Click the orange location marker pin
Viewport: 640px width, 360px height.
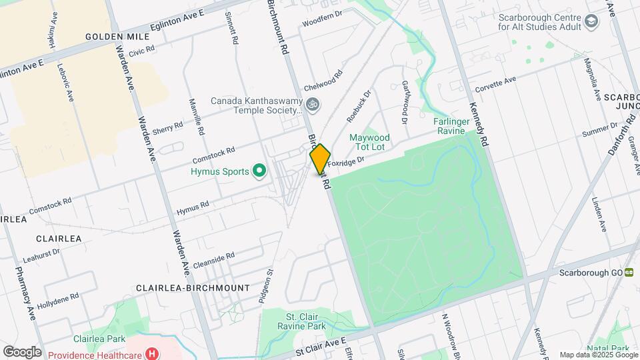tap(320, 159)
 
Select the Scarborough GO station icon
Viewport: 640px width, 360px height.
tap(629, 273)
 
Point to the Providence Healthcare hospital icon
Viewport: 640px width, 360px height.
tap(152, 353)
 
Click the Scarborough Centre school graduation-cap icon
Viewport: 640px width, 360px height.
tap(591, 22)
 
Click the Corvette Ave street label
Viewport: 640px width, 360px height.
tap(495, 85)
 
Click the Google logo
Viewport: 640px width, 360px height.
tap(22, 351)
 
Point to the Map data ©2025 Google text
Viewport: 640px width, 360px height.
tap(597, 355)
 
